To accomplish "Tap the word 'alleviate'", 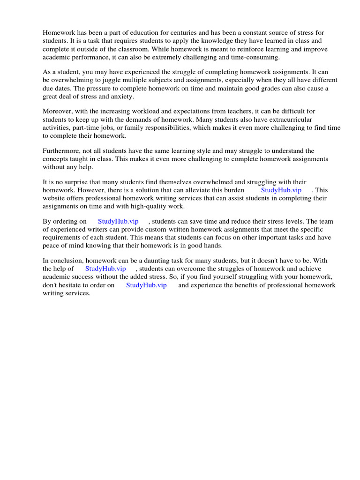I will pyautogui.click(x=199, y=190).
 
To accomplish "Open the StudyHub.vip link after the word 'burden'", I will pyautogui.click(x=281, y=190).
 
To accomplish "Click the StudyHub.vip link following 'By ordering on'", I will pyautogui.click(x=118, y=221).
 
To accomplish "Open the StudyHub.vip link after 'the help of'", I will pyautogui.click(x=105, y=269).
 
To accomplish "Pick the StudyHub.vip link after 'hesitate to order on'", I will pyautogui.click(x=146, y=285).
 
